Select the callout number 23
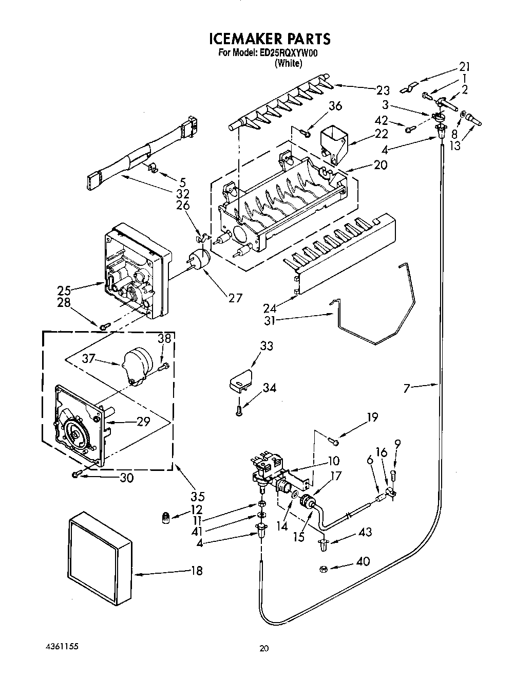coord(383,90)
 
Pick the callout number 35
coord(198,497)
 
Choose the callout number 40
coord(363,561)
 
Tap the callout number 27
coord(235,298)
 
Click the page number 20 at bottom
coord(264,649)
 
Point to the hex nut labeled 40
coord(324,568)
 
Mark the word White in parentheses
coord(288,64)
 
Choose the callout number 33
coord(267,347)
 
